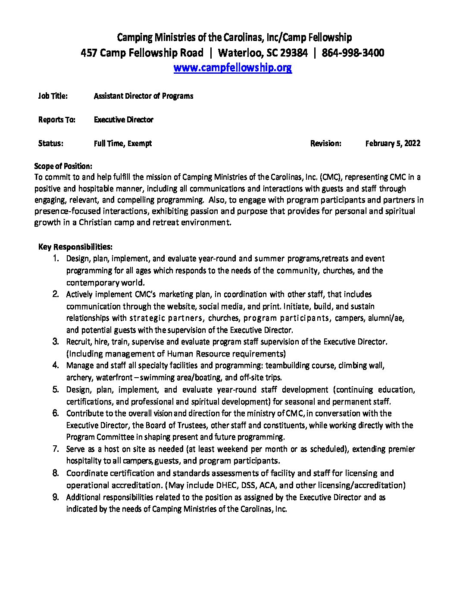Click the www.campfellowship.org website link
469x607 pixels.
[232, 68]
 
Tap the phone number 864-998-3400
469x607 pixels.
[353, 53]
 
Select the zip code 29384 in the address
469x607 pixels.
[294, 53]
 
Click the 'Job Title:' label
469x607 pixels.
[53, 96]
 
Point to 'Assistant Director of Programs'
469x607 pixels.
[143, 96]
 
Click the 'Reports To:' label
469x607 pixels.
[56, 120]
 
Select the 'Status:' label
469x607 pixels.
[50, 144]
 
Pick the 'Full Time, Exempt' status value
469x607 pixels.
[122, 144]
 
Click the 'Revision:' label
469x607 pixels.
[325, 144]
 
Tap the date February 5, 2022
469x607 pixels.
[392, 144]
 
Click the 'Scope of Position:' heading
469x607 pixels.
[63, 166]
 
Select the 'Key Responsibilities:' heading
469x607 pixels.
[75, 247]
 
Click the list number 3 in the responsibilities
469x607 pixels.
[56, 342]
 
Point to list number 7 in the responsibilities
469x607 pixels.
[56, 449]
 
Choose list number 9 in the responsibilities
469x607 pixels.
[56, 497]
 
